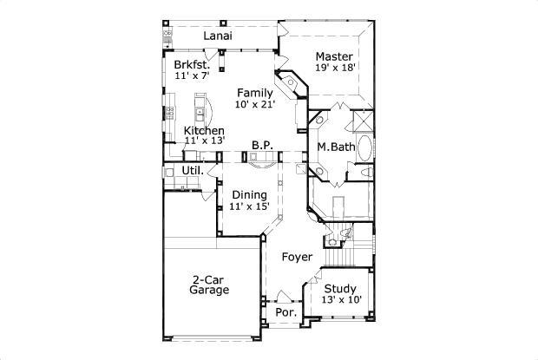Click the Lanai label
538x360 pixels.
pyautogui.click(x=217, y=36)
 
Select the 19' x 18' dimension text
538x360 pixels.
pyautogui.click(x=335, y=67)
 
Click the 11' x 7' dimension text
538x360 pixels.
pyautogui.click(x=192, y=76)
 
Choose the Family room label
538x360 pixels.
pyautogui.click(x=255, y=93)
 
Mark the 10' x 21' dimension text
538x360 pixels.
pyautogui.click(x=255, y=104)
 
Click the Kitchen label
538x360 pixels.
pyautogui.click(x=204, y=130)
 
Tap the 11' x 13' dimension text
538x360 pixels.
pyautogui.click(x=204, y=141)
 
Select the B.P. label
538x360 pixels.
pyautogui.click(x=263, y=145)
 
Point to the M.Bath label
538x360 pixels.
pyautogui.click(x=335, y=147)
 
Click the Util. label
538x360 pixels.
pyautogui.click(x=193, y=170)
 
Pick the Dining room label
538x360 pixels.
pyautogui.click(x=249, y=195)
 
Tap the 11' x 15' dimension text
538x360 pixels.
pyautogui.click(x=249, y=206)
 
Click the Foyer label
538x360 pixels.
pyautogui.click(x=297, y=257)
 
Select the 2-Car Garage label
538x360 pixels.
pyautogui.click(x=209, y=285)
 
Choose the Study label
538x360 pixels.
pyautogui.click(x=340, y=289)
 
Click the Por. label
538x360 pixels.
pyautogui.click(x=285, y=311)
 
